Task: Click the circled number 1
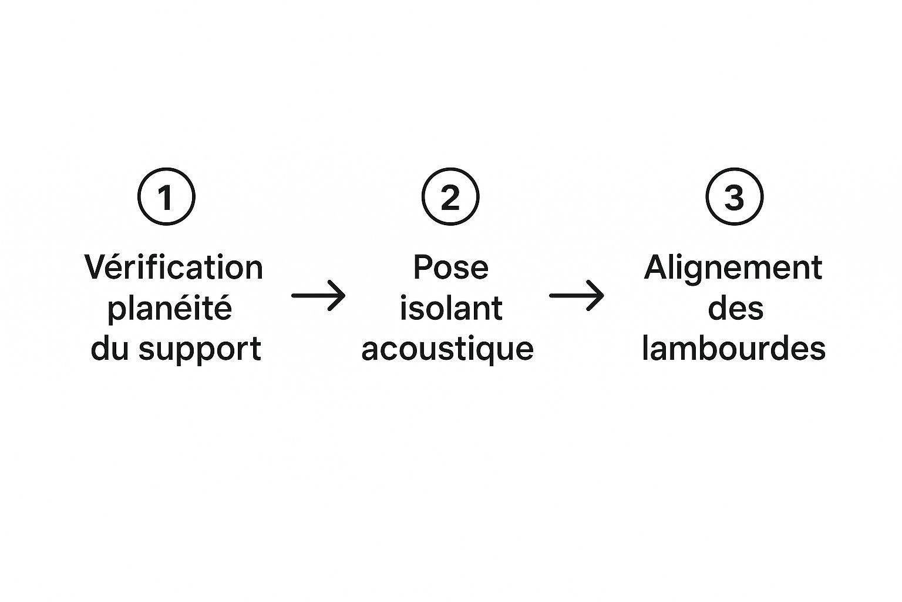pos(166,196)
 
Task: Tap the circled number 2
pos(450,196)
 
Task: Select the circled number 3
pos(734,196)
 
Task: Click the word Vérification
pos(174,267)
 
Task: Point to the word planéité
pos(170,309)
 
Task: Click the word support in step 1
pos(200,349)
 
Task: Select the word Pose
pos(450,267)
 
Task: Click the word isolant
pos(450,308)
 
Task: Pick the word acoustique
pos(447,349)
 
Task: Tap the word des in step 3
pos(735,308)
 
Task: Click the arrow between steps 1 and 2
pos(318,295)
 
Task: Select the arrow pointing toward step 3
pos(576,295)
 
